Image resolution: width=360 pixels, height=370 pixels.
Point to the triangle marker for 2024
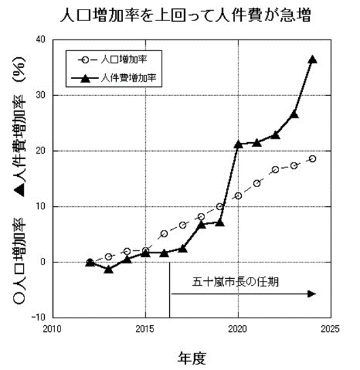point(312,59)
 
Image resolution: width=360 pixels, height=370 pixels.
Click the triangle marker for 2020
point(238,144)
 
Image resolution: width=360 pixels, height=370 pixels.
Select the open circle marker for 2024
point(312,158)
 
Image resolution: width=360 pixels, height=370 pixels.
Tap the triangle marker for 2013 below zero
point(109,269)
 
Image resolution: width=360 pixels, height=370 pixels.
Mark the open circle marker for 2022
point(275,169)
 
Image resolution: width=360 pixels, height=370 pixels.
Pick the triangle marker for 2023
point(294,114)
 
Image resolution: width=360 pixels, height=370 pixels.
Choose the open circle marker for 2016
point(164,233)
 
